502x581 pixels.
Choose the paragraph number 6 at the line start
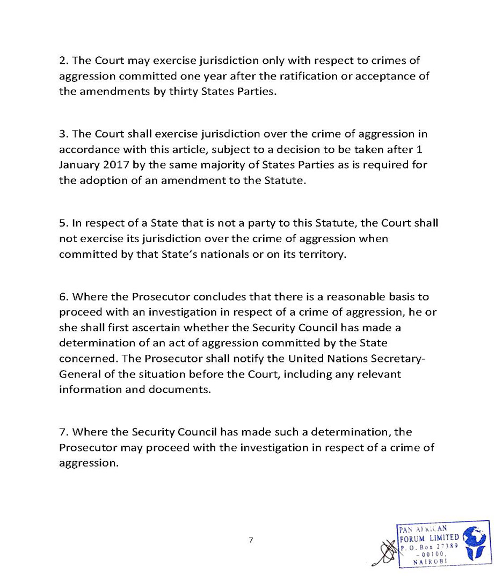click(62, 297)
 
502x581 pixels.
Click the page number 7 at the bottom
click(250, 540)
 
